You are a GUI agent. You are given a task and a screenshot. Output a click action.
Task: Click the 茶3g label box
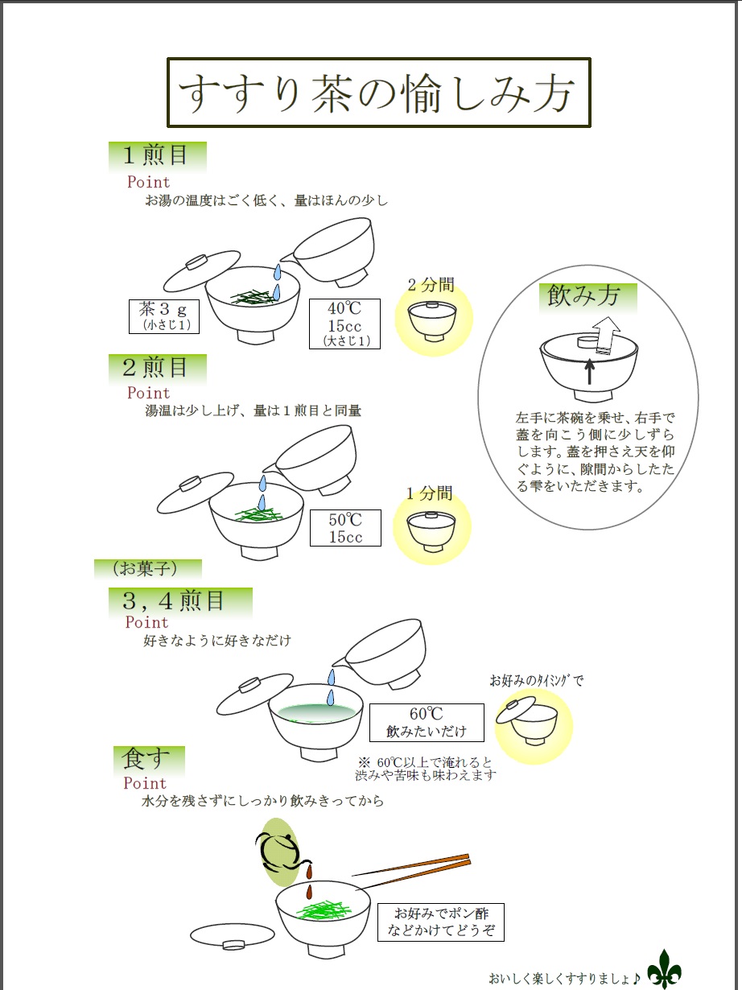coord(164,316)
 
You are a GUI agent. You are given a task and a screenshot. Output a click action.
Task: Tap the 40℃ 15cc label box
coord(345,324)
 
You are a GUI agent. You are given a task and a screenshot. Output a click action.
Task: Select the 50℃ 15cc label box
coord(345,528)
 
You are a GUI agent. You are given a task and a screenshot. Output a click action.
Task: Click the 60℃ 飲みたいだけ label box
coord(427,723)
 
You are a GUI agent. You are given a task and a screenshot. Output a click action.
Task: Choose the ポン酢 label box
coord(441,922)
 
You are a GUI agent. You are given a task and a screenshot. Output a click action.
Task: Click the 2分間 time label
coord(431,285)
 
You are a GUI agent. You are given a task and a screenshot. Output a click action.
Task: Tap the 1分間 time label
coord(429,493)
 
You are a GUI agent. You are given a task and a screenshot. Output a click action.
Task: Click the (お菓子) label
coord(145,569)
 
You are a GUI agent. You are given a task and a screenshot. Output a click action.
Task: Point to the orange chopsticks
coord(413,870)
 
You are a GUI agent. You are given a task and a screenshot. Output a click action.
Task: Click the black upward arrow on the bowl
coord(589,372)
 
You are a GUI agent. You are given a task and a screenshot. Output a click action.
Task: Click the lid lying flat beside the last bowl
coord(233,936)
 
